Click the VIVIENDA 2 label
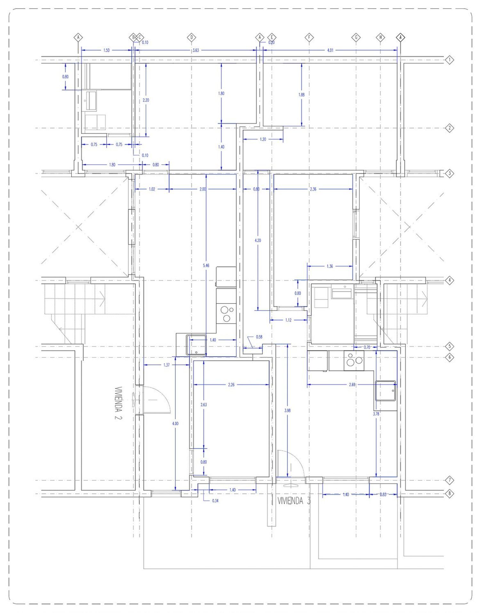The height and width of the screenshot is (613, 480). (119, 403)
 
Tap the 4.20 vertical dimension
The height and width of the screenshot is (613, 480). (258, 240)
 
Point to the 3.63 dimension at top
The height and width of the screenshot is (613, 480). (196, 50)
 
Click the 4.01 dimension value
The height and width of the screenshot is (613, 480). (330, 50)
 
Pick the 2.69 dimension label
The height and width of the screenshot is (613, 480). (352, 385)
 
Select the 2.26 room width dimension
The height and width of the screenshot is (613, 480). (231, 385)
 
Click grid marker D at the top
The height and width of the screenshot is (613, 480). (191, 37)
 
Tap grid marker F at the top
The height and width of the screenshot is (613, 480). (309, 37)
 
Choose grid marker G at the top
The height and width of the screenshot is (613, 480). (356, 37)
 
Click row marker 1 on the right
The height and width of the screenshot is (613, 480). (450, 60)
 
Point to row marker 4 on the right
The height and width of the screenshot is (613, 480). (450, 280)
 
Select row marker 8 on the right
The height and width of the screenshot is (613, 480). (450, 493)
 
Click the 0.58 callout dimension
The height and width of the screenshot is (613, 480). (259, 337)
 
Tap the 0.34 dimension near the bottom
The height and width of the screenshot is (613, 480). (215, 501)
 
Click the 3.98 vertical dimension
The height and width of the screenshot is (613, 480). (287, 410)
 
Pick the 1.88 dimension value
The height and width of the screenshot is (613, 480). (301, 95)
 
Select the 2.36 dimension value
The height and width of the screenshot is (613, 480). (313, 189)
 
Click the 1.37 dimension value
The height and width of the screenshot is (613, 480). (166, 365)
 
